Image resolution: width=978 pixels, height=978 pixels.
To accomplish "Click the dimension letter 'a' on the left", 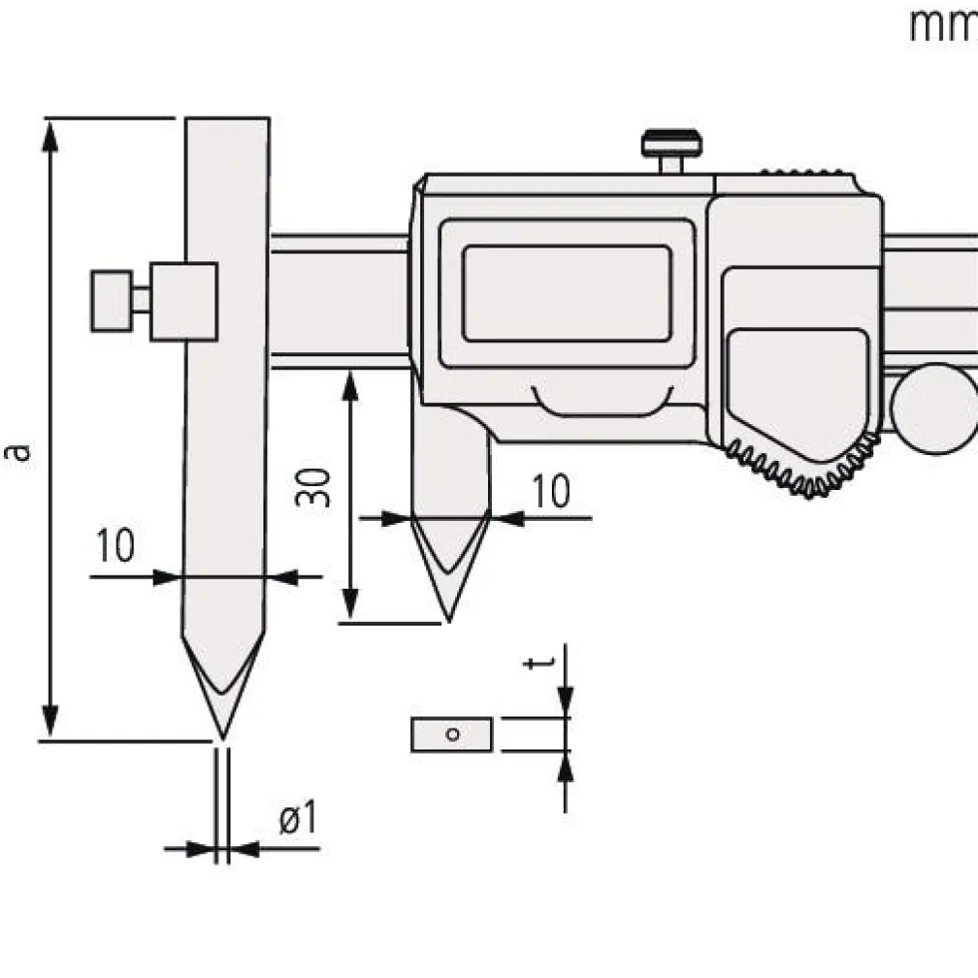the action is pyautogui.click(x=17, y=451).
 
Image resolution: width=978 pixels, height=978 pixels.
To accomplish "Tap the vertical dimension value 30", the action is pyautogui.click(x=313, y=487).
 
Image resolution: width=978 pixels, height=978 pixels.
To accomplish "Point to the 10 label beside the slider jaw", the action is pyautogui.click(x=551, y=491).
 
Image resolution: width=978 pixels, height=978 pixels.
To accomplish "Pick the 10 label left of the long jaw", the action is pyautogui.click(x=116, y=546).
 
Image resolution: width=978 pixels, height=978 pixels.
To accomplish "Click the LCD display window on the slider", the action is pyautogui.click(x=567, y=293).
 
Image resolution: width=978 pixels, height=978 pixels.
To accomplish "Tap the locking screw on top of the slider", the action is pyautogui.click(x=672, y=151).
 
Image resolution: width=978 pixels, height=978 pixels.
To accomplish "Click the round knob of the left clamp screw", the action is pyautogui.click(x=111, y=300).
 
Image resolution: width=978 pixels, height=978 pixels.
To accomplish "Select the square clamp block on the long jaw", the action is pyautogui.click(x=184, y=301).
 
